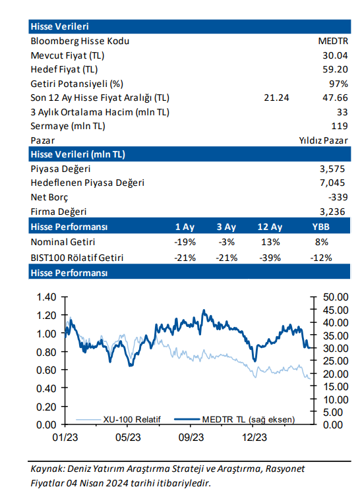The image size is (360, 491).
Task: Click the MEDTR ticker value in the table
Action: pos(333,41)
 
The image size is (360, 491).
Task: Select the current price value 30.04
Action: pos(335,55)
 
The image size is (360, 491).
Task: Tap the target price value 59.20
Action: pos(335,69)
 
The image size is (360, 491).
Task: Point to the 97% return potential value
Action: pos(339,84)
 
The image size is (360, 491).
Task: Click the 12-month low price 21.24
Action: pos(276,98)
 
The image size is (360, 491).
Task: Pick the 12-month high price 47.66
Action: pos(335,98)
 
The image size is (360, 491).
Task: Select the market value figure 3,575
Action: pos(332,169)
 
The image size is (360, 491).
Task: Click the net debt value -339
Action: pos(338,197)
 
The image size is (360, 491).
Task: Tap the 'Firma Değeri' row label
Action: pos(59,212)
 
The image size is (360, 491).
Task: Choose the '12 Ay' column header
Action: pos(270,227)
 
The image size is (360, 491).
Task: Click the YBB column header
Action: pos(321,227)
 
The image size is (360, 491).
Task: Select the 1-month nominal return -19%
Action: pos(185,242)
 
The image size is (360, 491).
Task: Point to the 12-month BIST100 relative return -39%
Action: pos(270,258)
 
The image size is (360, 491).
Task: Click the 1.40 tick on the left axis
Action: pos(46,297)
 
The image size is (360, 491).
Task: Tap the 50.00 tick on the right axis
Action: pos(336,297)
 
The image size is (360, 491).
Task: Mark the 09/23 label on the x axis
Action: pos(191,437)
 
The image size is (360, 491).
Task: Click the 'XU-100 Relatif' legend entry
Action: pos(119,419)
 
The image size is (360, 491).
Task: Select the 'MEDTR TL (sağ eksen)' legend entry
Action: pos(234,419)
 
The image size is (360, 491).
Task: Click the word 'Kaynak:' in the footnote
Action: pos(47,469)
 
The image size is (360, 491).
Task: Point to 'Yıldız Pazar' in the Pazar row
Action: pos(323,140)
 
